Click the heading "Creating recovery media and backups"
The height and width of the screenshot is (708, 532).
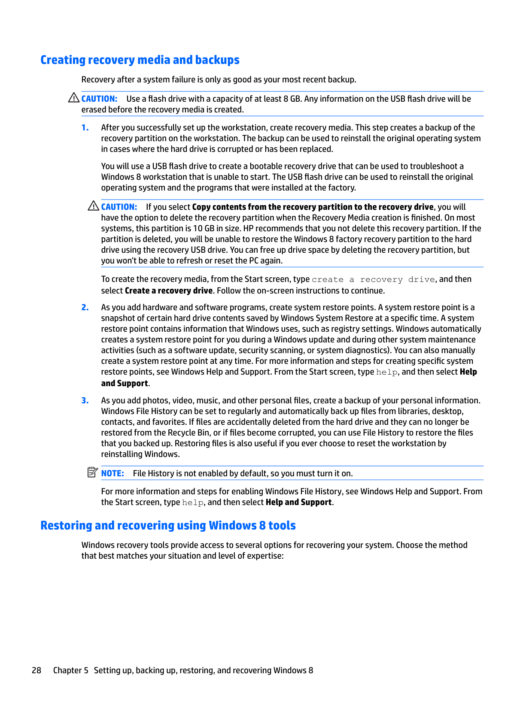pyautogui.click(x=140, y=60)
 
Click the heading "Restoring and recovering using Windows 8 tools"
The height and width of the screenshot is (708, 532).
pyautogui.click(x=168, y=526)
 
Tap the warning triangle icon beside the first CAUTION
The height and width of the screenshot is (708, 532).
pyautogui.click(x=73, y=98)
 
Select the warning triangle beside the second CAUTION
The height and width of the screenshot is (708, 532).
pyautogui.click(x=93, y=206)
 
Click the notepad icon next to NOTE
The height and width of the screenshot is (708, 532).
pyautogui.click(x=92, y=472)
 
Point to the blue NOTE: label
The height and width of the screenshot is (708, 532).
pyautogui.click(x=112, y=473)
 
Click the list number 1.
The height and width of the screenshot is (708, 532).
pyautogui.click(x=85, y=127)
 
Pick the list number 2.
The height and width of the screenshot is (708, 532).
pyautogui.click(x=85, y=307)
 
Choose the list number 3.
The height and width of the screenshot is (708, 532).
pyautogui.click(x=85, y=400)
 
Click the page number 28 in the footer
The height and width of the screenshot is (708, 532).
pyautogui.click(x=36, y=670)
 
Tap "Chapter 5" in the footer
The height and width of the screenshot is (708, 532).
pyautogui.click(x=70, y=670)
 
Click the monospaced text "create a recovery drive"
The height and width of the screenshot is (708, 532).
pyautogui.click(x=373, y=280)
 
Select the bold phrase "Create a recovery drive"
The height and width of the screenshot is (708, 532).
pyautogui.click(x=169, y=290)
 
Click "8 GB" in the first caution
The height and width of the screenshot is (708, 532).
pyautogui.click(x=292, y=99)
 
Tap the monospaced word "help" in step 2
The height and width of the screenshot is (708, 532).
pyautogui.click(x=386, y=372)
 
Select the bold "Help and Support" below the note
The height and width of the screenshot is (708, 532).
pyautogui.click(x=298, y=502)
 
